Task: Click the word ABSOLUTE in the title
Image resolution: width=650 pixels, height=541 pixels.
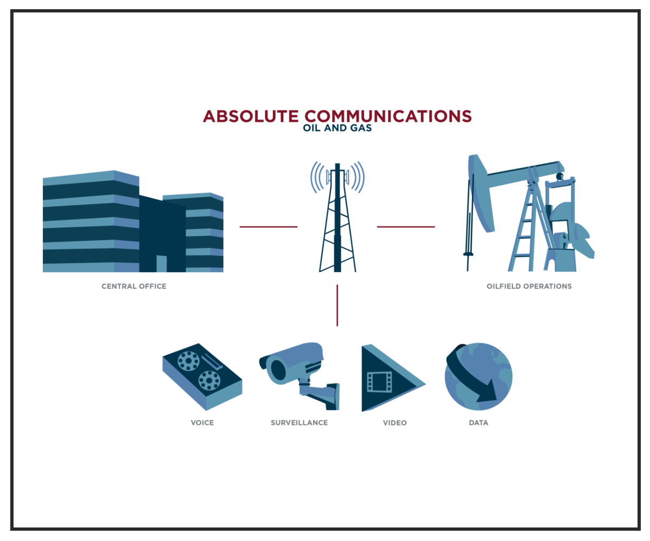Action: pos(250,116)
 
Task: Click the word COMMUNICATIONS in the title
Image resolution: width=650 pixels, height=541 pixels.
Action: pos(388,116)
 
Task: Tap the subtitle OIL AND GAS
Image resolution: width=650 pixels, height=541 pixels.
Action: pos(337,129)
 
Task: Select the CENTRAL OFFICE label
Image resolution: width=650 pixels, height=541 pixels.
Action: pos(134,286)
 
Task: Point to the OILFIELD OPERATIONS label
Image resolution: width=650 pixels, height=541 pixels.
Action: pos(529,286)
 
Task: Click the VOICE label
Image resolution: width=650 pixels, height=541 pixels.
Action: pos(202,423)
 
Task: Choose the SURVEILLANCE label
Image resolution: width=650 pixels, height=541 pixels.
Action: pos(299,423)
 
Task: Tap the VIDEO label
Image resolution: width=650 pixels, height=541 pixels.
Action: pos(394,423)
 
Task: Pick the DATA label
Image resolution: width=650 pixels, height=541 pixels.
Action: pos(478,423)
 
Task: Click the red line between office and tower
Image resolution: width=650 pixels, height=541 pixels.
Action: pos(268,227)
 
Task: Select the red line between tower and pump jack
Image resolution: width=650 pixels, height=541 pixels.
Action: pos(406,227)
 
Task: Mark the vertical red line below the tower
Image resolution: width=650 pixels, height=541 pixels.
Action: pos(337,305)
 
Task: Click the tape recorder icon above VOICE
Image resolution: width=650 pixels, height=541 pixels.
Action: pos(202,376)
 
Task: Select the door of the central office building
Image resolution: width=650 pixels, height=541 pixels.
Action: pos(161,263)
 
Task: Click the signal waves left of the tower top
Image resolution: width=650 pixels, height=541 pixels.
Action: pos(317,177)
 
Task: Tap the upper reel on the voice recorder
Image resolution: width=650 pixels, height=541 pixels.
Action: pos(188,360)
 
